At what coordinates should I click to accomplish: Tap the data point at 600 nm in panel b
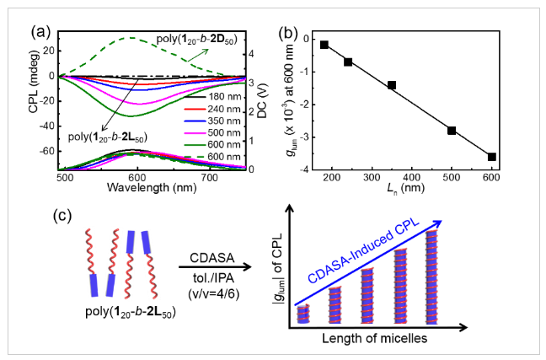492,157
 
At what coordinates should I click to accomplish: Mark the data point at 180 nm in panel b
325,45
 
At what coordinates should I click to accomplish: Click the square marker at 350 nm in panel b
392,85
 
